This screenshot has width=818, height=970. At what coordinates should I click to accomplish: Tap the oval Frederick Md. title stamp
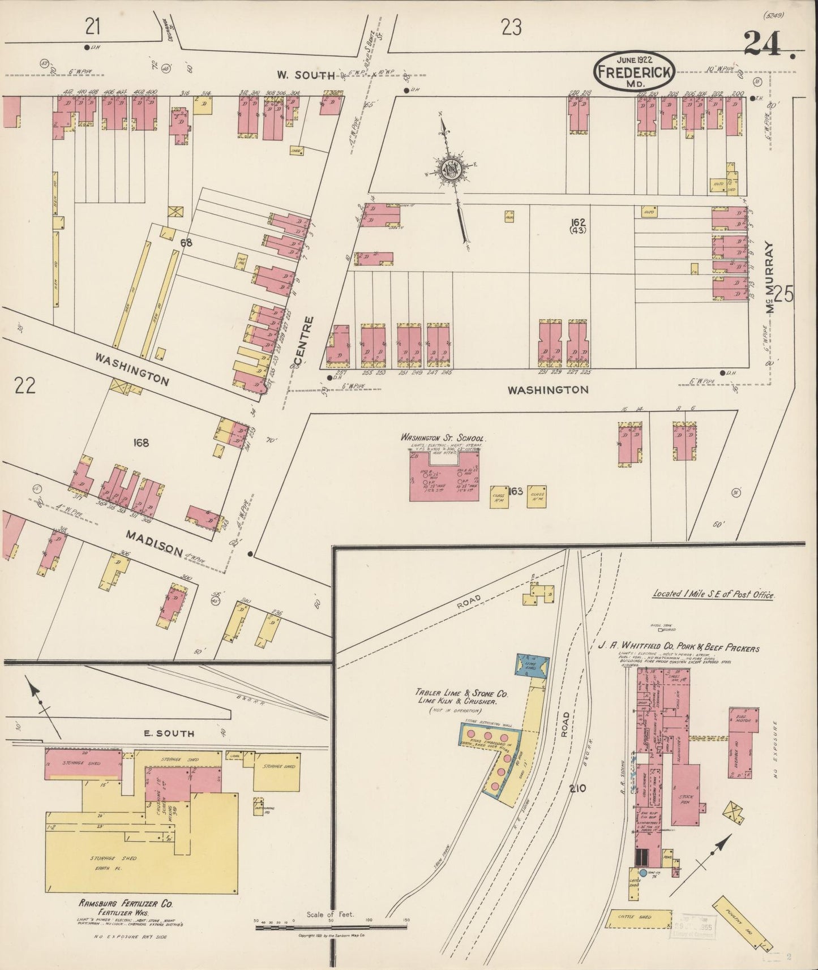(x=633, y=71)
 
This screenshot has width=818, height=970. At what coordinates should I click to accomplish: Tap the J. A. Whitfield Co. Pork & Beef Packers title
(x=679, y=648)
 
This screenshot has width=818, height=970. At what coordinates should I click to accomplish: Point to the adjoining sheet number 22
(x=26, y=386)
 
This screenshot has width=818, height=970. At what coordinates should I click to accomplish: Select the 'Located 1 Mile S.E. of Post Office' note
(x=713, y=594)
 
